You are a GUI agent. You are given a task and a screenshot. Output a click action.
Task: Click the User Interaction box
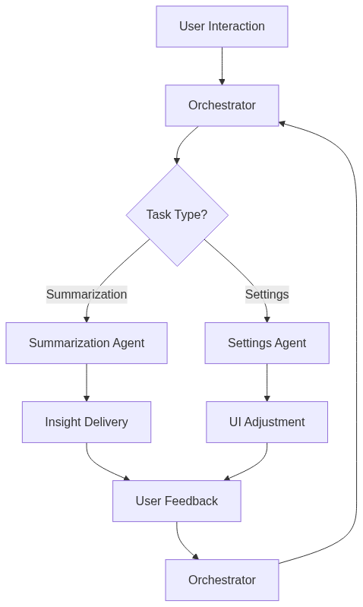[x=222, y=27]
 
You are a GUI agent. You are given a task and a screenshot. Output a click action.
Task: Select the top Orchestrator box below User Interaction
[x=222, y=106]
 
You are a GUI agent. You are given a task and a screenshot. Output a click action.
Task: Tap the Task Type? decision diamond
[x=177, y=215]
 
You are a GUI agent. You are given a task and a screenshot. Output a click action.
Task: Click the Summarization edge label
[x=87, y=294]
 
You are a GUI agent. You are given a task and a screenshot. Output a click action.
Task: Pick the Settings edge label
[x=267, y=294]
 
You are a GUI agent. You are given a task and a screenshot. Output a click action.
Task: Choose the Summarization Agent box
[x=87, y=343]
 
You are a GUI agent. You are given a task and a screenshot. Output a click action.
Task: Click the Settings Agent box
[x=267, y=343]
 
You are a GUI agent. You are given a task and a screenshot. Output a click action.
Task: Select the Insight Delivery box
[x=87, y=422]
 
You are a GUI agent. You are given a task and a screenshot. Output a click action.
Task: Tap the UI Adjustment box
[x=267, y=422]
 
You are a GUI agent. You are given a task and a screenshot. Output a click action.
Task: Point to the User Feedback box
[x=177, y=501]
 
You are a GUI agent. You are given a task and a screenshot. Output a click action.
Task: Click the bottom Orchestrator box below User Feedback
[x=222, y=580]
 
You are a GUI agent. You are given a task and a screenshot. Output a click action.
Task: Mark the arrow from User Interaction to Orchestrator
[x=222, y=65]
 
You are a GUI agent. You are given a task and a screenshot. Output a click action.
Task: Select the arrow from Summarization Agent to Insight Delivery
[x=87, y=382]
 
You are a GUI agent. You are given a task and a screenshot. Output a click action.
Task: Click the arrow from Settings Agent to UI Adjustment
[x=267, y=382]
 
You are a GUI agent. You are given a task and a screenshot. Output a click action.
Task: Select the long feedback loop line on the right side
[x=356, y=342]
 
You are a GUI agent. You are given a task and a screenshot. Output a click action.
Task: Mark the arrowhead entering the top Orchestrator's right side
[x=283, y=123]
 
